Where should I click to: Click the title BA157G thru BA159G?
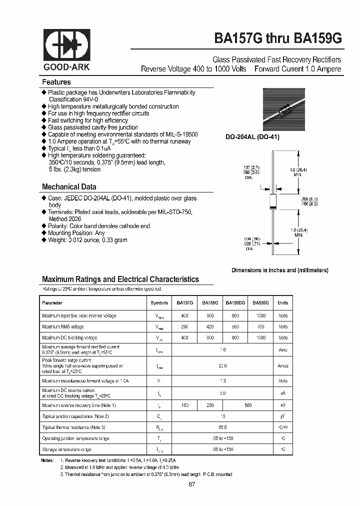pyautogui.click(x=278, y=38)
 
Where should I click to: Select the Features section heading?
pyautogui.click(x=56, y=82)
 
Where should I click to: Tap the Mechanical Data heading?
pyautogui.click(x=69, y=186)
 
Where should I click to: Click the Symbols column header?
pyautogui.click(x=159, y=302)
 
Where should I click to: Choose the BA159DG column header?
pyautogui.click(x=235, y=302)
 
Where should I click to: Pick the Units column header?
pyautogui.click(x=283, y=302)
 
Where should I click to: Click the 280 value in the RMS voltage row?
pyautogui.click(x=184, y=326)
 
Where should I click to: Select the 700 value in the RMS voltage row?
pyautogui.click(x=261, y=326)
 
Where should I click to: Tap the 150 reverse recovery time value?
pyautogui.click(x=184, y=405)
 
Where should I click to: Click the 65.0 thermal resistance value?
pyautogui.click(x=222, y=427)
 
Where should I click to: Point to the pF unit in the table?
pyautogui.click(x=283, y=416)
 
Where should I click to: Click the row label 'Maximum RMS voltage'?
pyautogui.click(x=63, y=326)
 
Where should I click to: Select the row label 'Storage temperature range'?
pyautogui.click(x=66, y=449)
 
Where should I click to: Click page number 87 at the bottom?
pyautogui.click(x=192, y=484)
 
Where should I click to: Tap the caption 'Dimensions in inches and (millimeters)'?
pyautogui.click(x=279, y=270)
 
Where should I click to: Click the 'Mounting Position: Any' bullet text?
pyautogui.click(x=76, y=233)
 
